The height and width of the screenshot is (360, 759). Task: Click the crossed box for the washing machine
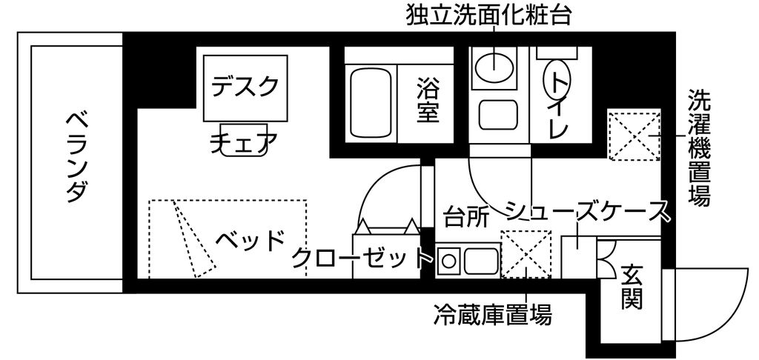[x=633, y=136]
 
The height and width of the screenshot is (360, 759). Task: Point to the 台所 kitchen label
[x=466, y=218]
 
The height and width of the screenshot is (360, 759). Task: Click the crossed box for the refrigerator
[x=526, y=255]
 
